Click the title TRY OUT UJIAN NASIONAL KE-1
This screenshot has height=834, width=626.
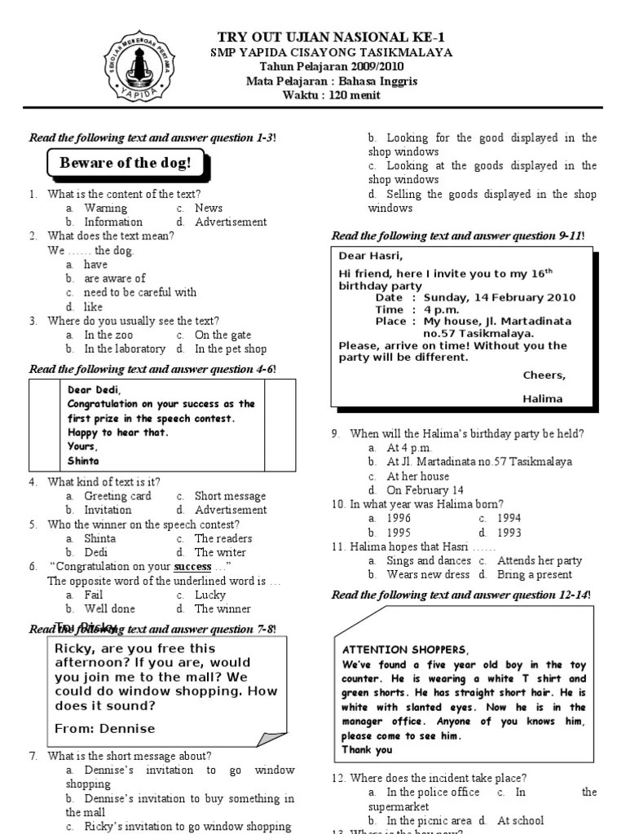tap(332, 37)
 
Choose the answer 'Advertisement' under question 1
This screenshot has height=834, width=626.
tap(231, 222)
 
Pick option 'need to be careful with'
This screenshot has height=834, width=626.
tap(139, 292)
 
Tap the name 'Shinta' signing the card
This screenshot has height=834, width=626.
tap(83, 460)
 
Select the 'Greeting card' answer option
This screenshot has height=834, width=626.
tap(117, 496)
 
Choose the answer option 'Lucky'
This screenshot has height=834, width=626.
tap(210, 595)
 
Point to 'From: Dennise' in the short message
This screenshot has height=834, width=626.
tap(104, 728)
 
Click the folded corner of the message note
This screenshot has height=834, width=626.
tap(271, 738)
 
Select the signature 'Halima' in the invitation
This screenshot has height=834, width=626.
tap(542, 398)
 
